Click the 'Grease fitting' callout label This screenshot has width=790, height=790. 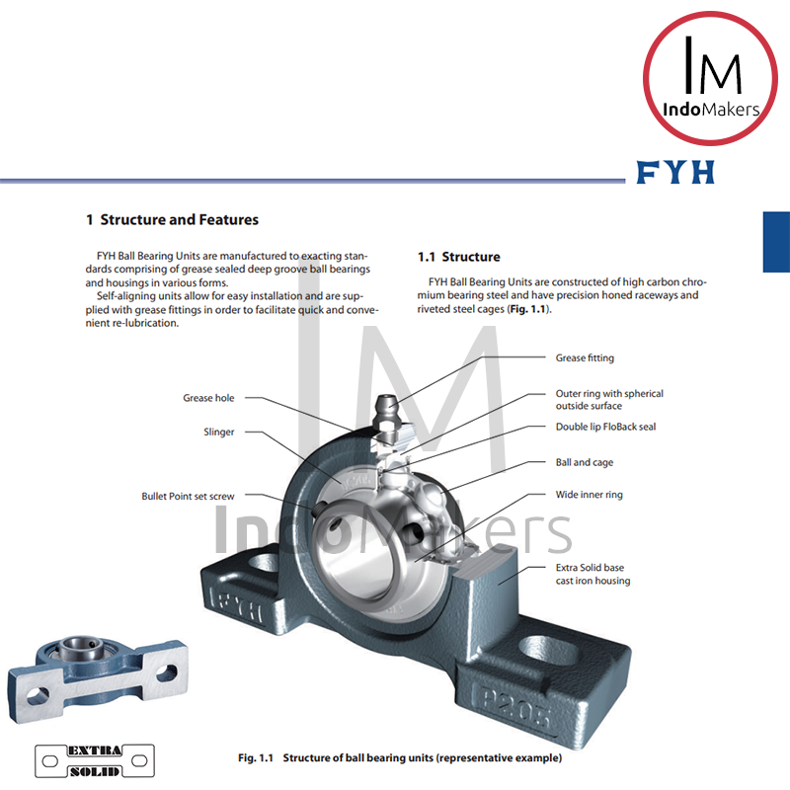[585, 357]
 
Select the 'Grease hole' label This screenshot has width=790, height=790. [208, 398]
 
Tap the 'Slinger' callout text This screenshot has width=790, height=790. [218, 432]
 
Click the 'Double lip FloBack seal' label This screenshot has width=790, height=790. [605, 427]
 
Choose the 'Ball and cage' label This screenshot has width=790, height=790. [585, 462]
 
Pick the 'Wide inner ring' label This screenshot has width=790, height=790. [590, 495]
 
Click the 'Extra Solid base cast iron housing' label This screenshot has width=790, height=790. [592, 575]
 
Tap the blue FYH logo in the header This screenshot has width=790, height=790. [675, 173]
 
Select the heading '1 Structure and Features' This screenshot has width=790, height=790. [173, 219]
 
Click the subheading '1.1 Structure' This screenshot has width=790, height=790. [459, 257]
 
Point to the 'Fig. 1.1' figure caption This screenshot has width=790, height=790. [400, 757]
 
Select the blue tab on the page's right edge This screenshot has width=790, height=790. [776, 241]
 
